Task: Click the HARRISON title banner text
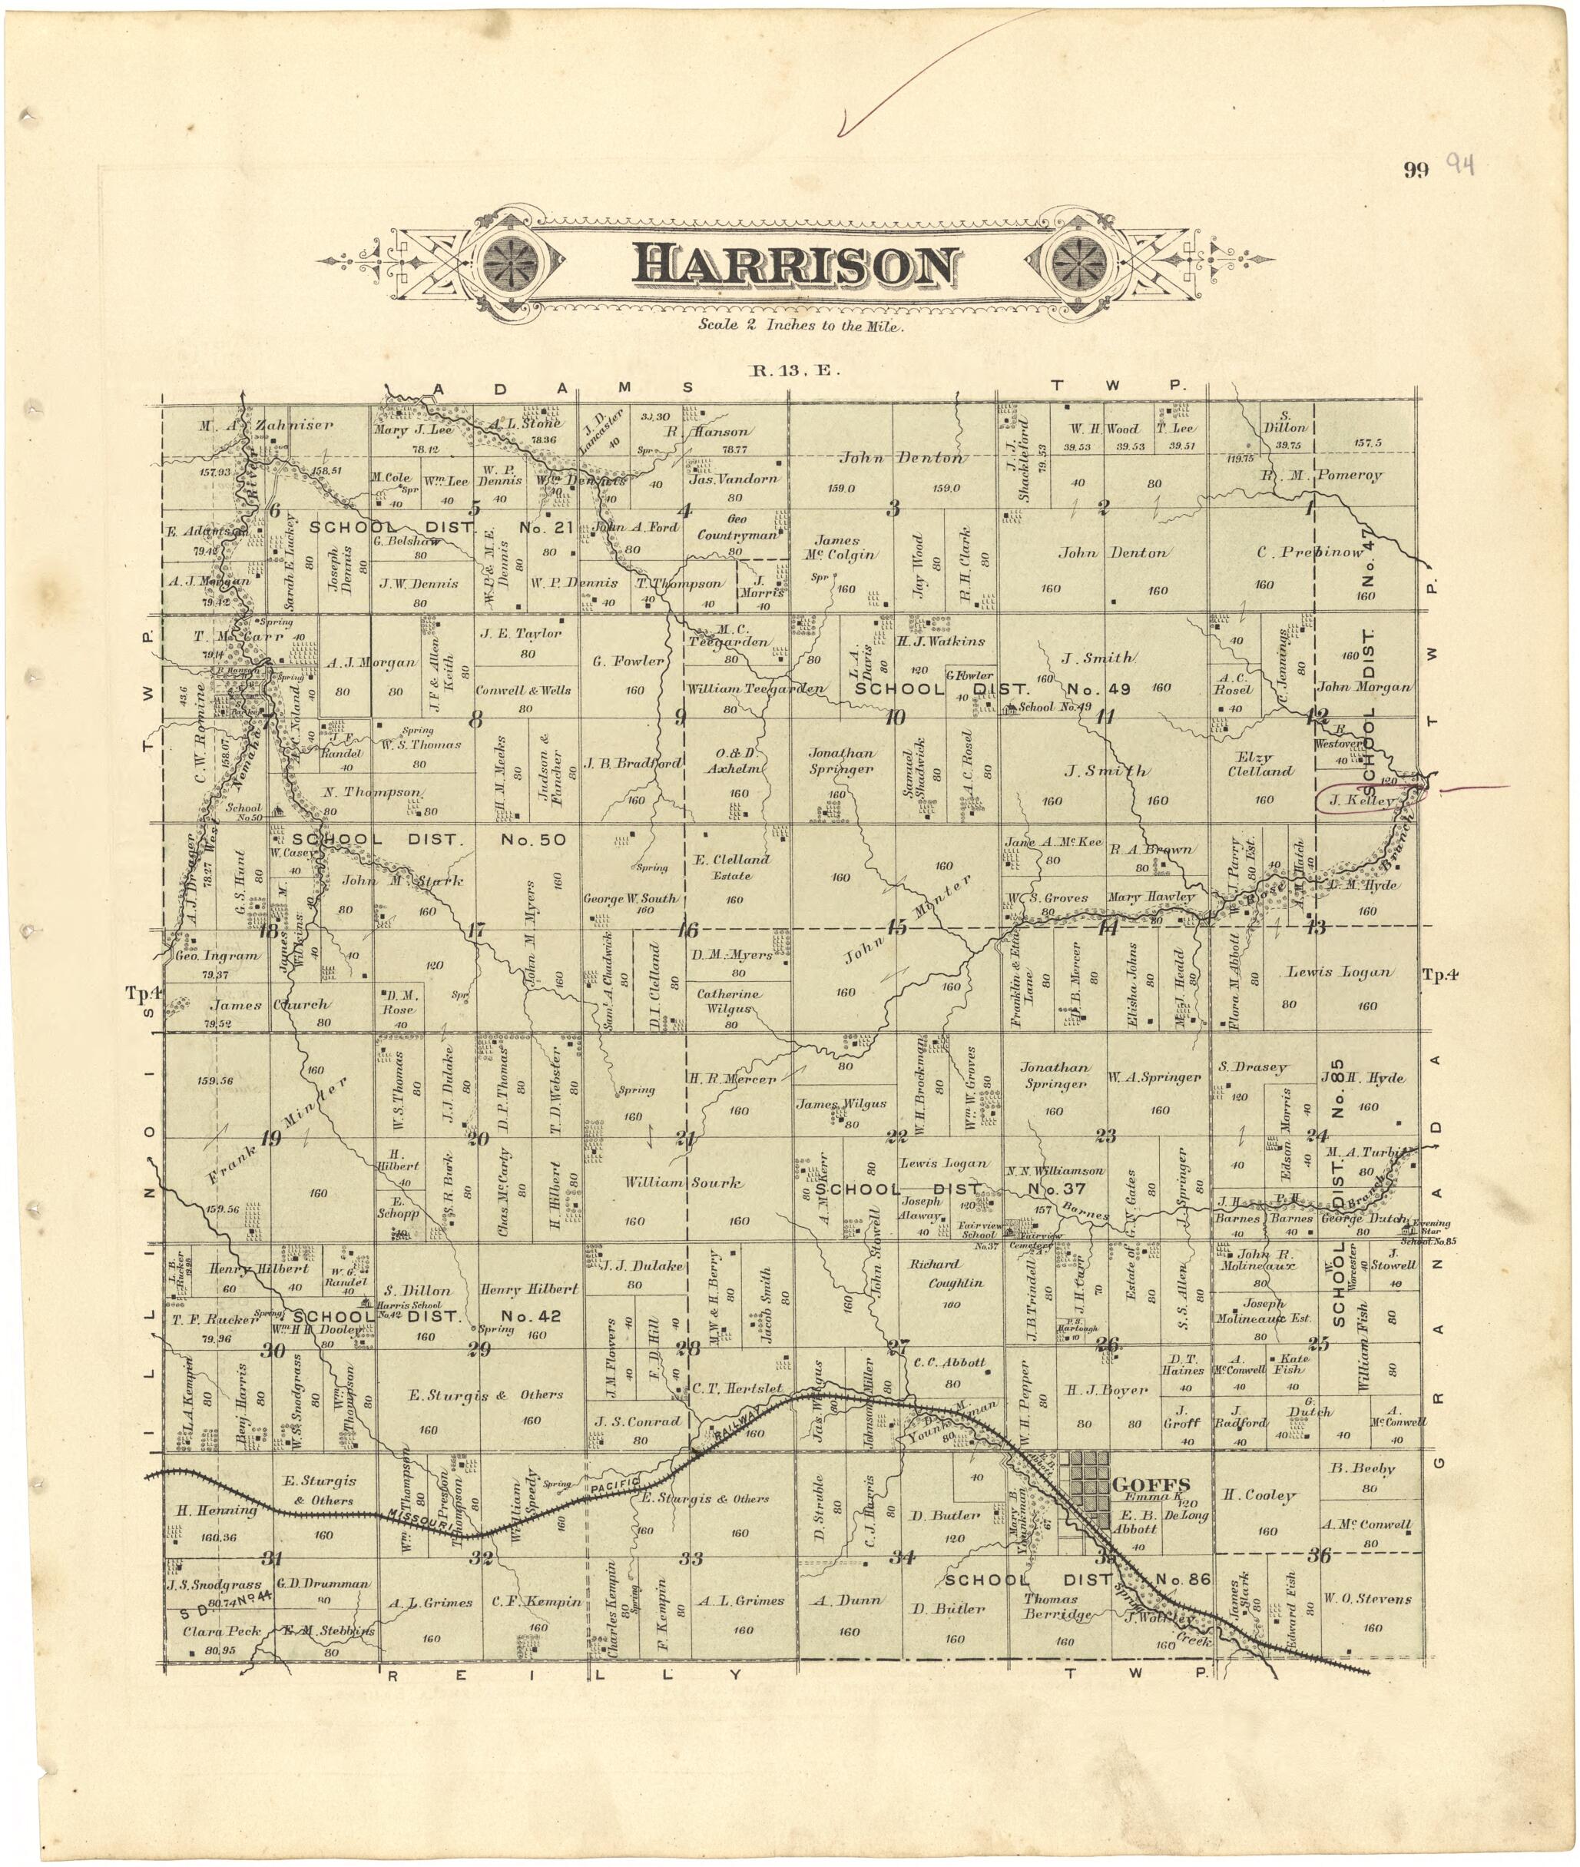click(795, 266)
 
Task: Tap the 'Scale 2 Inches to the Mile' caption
click(802, 325)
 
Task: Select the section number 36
click(1318, 1556)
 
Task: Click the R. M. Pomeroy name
click(1322, 476)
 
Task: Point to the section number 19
click(270, 1139)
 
